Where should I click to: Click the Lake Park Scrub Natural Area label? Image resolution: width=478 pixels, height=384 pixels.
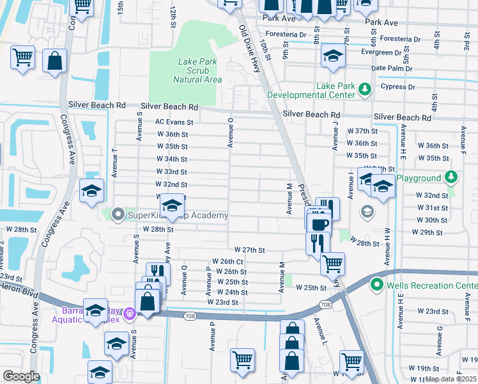(197, 70)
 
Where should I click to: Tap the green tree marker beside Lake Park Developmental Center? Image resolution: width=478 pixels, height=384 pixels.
(365, 88)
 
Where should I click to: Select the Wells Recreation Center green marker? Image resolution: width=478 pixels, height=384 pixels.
(376, 285)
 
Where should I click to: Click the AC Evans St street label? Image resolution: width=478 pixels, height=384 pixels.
(174, 122)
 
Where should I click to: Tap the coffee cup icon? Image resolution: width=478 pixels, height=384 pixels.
(319, 224)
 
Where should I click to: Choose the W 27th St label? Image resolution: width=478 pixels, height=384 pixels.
(249, 250)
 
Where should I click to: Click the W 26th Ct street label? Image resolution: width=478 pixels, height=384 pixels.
(227, 261)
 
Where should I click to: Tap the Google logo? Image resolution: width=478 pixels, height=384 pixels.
(21, 376)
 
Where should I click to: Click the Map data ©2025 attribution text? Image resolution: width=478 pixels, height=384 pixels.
(451, 379)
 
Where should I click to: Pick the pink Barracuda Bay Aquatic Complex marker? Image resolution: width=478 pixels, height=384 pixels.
(130, 313)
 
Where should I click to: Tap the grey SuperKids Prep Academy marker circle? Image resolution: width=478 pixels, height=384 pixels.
(117, 215)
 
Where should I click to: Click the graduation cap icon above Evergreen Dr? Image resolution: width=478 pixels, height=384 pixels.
(333, 55)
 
